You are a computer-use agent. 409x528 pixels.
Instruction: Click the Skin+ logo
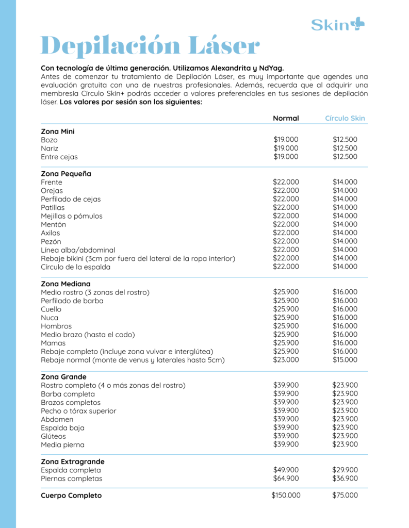point(337,24)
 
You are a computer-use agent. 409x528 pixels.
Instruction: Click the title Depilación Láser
point(150,46)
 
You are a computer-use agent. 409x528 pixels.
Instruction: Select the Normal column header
point(286,118)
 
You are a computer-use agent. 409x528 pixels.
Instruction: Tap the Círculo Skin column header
point(345,118)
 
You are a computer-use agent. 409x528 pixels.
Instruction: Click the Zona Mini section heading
point(58,131)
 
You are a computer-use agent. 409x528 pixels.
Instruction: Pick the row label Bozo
point(50,140)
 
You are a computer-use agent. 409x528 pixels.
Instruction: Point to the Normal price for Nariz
point(286,148)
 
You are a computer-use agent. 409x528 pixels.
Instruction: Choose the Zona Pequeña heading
point(66,174)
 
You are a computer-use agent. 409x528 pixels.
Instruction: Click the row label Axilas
point(51,233)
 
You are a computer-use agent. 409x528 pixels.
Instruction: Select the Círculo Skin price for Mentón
point(345,224)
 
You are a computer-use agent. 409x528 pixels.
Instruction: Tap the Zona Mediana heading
point(66,284)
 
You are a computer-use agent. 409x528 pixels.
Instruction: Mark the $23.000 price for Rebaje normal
point(286,360)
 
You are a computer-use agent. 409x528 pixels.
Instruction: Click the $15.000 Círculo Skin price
point(345,360)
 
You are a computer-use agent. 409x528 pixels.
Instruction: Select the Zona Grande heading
point(63,377)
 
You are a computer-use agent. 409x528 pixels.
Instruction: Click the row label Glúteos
point(54,436)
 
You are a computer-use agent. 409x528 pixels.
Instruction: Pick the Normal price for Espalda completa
point(286,470)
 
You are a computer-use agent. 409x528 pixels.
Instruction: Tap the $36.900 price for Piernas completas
point(345,478)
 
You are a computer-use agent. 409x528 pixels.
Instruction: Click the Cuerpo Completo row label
point(71,496)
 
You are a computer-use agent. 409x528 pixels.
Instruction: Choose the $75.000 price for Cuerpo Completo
point(345,496)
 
